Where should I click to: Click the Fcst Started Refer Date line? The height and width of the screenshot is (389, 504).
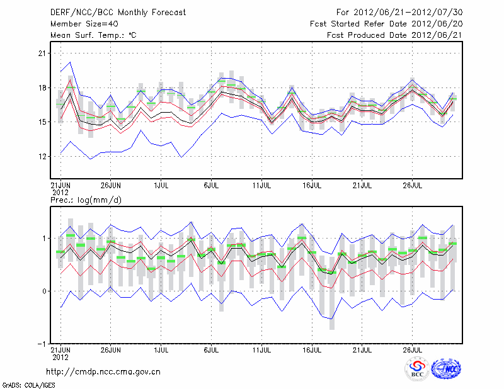386,23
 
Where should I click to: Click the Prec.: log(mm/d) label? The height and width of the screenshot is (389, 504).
85,200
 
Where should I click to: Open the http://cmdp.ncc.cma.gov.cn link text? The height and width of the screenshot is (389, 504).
103,371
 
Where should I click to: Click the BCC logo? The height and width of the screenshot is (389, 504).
417,369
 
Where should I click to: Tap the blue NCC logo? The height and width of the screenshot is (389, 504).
446,369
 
